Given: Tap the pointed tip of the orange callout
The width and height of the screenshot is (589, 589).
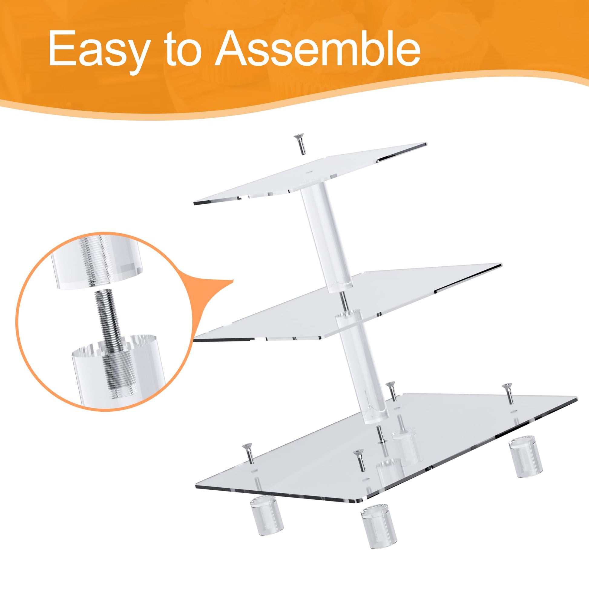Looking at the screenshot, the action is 233,280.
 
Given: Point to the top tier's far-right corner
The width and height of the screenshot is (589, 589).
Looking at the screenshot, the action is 426,143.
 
